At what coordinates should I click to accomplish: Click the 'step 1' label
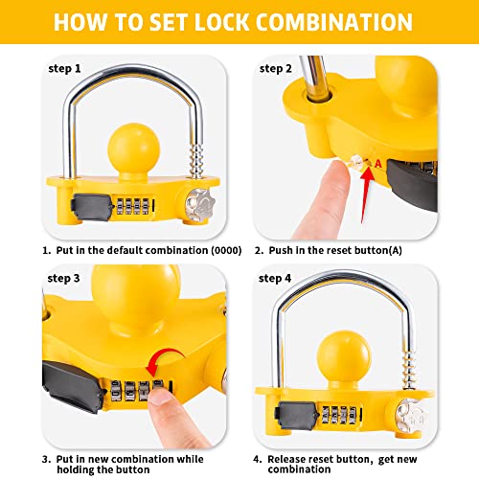coord(66,68)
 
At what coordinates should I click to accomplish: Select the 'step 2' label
coord(277,68)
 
